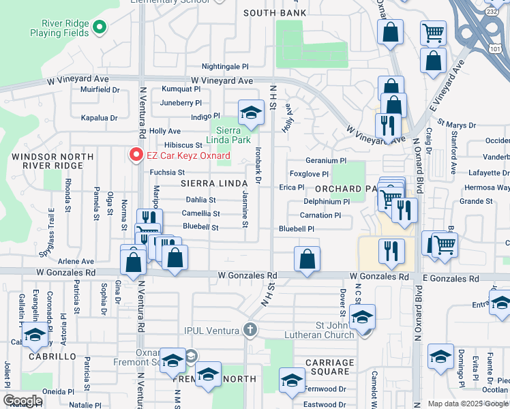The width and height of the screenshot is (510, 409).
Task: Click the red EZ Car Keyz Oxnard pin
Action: click(136, 155)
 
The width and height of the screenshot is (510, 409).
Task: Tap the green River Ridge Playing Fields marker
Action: click(100, 28)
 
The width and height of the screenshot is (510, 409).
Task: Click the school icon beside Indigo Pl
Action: click(251, 112)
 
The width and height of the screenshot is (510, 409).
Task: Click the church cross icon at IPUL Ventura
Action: click(250, 331)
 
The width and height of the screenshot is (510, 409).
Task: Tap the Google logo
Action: click(22, 401)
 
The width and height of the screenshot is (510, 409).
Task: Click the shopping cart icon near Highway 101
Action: click(433, 32)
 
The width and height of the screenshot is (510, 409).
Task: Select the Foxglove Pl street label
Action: click(309, 174)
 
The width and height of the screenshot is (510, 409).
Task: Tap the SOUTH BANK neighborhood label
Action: click(272, 13)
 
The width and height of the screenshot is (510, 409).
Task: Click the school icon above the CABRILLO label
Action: click(35, 335)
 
